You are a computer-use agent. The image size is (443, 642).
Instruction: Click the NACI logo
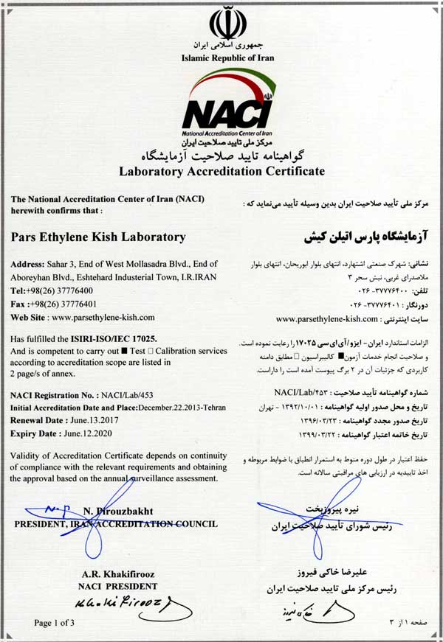222,102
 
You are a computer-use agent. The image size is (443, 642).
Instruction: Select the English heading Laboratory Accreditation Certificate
221,171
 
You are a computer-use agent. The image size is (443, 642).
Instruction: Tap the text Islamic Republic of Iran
221,57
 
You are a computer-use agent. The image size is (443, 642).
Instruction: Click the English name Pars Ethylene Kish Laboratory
98,237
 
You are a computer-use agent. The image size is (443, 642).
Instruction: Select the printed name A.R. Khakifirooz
119,574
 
